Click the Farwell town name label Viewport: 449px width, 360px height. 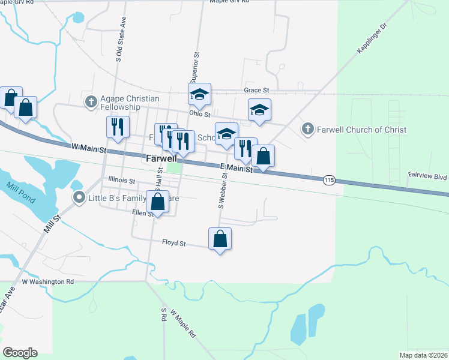click(x=161, y=159)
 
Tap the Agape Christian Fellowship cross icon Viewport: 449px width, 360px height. click(x=91, y=101)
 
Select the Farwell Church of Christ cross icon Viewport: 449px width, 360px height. click(x=307, y=128)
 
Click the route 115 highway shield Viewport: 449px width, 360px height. click(x=328, y=180)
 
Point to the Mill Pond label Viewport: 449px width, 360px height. click(x=17, y=194)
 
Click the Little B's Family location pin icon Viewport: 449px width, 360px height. click(x=79, y=197)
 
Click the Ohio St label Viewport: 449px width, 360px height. click(x=199, y=113)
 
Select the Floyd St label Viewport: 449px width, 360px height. click(x=174, y=244)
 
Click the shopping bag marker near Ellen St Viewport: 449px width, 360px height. click(x=157, y=202)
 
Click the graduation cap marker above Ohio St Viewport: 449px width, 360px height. click(x=200, y=94)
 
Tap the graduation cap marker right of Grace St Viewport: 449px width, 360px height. click(x=259, y=109)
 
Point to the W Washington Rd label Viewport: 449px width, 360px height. click(x=47, y=281)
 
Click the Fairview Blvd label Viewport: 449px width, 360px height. click(x=428, y=176)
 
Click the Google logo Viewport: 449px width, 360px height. click(x=20, y=353)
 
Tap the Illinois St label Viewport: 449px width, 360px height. click(x=122, y=179)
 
